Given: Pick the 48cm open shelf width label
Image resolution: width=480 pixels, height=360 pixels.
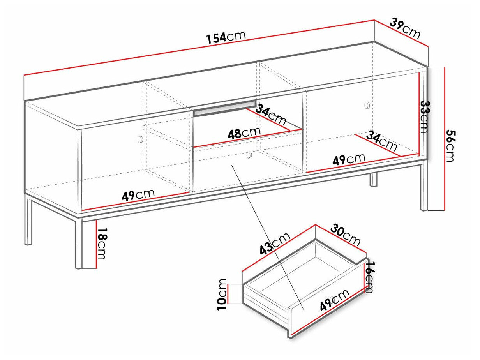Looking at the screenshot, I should [244, 134].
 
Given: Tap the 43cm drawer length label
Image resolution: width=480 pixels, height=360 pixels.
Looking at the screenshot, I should [275, 244].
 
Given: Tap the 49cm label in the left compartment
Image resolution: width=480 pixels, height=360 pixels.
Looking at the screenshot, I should [138, 194].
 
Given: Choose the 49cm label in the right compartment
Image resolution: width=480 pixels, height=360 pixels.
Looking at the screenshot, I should [349, 159].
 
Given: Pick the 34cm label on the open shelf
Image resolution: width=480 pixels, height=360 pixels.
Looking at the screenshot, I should [271, 115].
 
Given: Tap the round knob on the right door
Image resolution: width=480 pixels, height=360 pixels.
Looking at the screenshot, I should [366, 105].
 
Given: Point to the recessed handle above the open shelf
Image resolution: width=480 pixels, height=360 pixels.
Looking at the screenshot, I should [225, 109].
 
